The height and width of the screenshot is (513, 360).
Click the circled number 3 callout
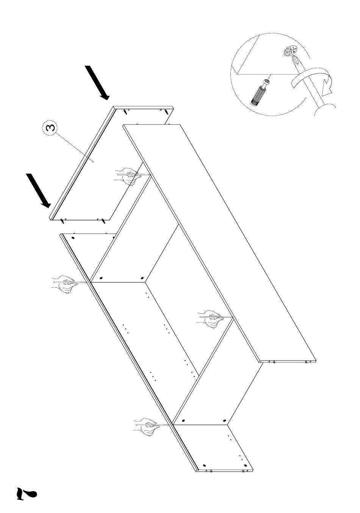point(49,128)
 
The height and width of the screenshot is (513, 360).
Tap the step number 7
point(26,493)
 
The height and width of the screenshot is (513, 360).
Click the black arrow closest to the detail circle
point(97,83)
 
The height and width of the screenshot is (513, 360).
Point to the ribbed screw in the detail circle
point(260,92)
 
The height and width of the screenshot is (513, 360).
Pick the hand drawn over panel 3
point(128,176)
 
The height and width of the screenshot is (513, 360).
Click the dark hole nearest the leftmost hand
point(101,278)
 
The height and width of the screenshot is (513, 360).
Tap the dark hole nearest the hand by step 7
point(183,421)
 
